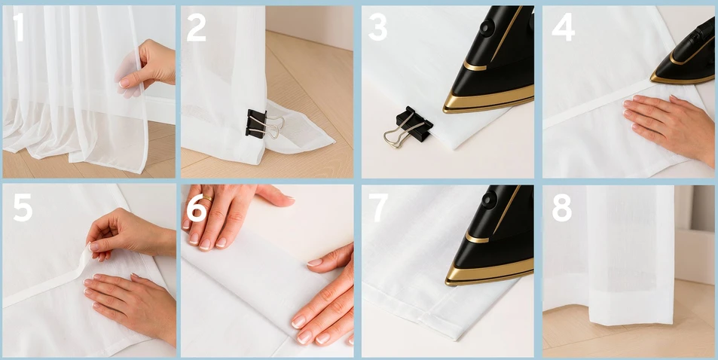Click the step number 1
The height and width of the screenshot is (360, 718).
pos(18,27)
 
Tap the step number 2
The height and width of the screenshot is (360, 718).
pos(197,27)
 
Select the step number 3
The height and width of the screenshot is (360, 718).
pos(377,27)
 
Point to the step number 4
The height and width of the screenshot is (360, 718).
pos(563,27)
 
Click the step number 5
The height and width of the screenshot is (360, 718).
pos(23,207)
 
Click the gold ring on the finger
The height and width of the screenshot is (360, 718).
pos(207,198)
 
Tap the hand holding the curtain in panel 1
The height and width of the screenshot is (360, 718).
pos(146,66)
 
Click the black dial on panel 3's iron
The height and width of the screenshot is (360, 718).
pos(486,27)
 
